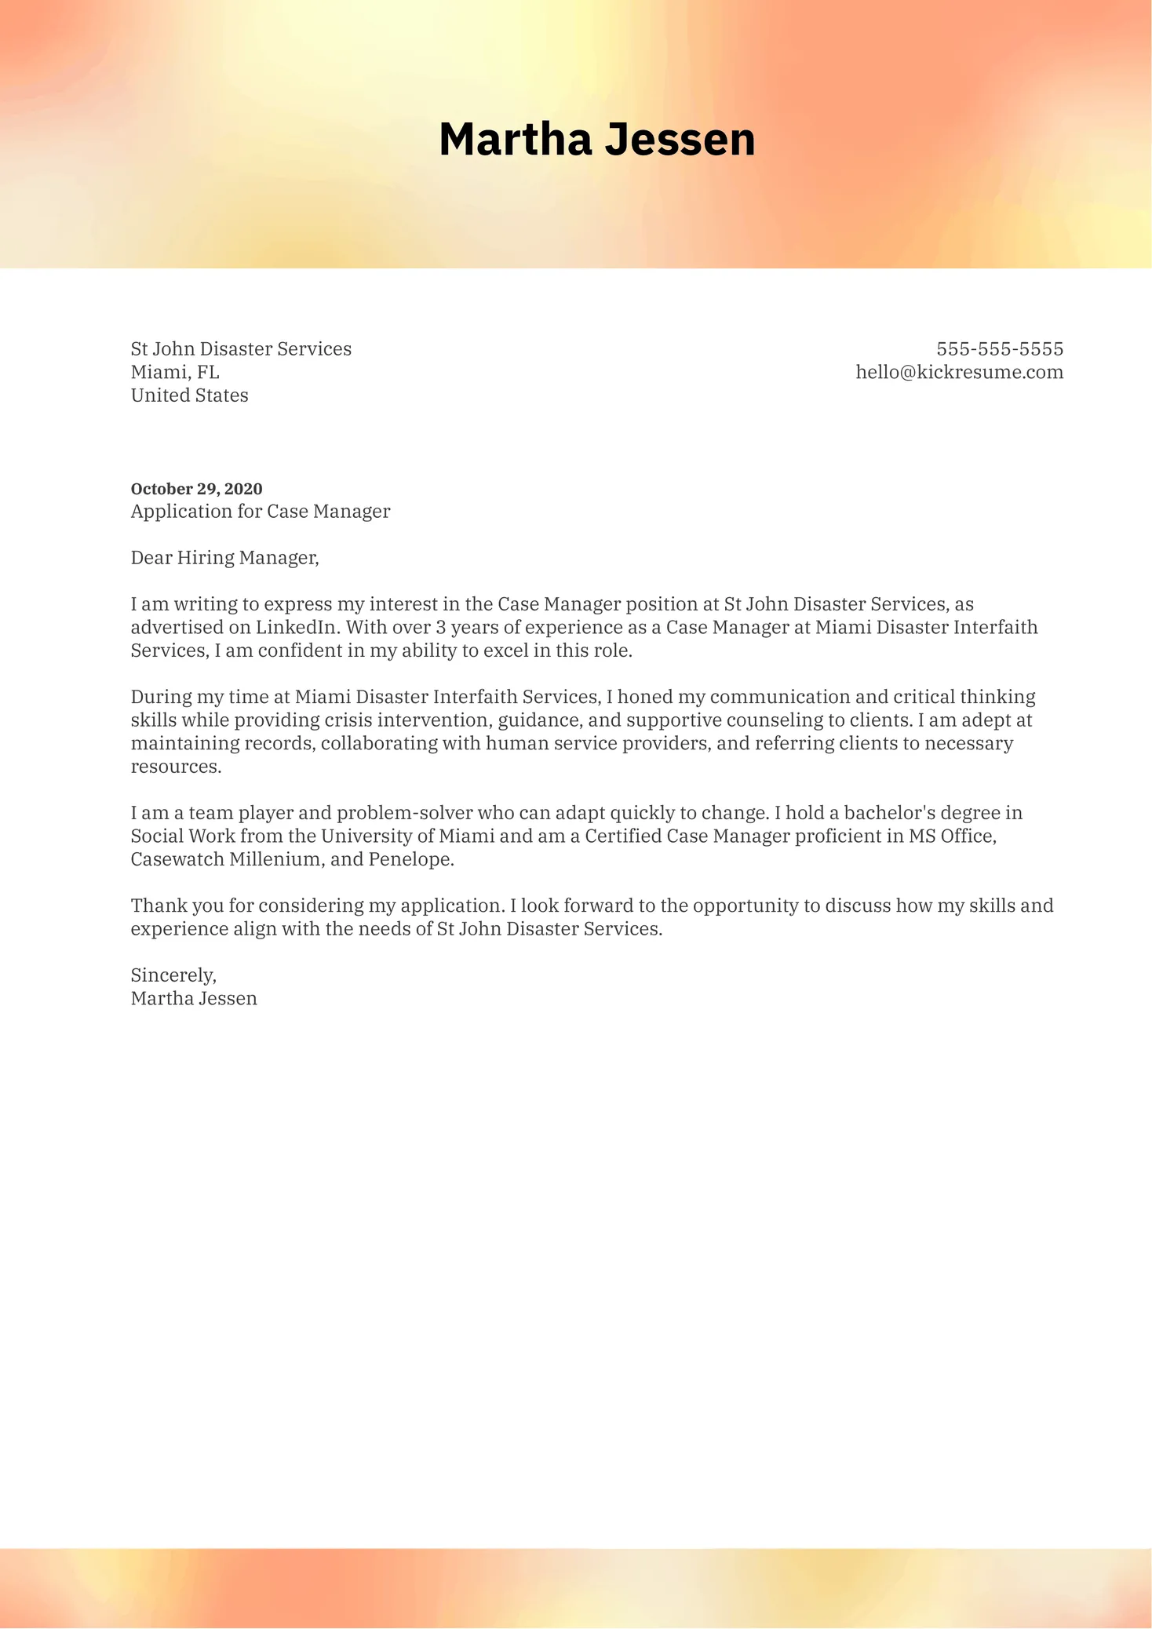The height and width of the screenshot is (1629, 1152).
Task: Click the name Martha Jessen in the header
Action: point(596,140)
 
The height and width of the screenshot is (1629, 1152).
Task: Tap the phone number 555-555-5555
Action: point(999,349)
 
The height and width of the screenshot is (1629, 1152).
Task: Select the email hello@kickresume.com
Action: point(959,372)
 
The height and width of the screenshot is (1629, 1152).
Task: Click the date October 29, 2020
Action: point(196,489)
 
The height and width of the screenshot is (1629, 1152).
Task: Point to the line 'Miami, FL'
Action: point(175,372)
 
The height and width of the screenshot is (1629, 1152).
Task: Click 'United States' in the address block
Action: point(189,395)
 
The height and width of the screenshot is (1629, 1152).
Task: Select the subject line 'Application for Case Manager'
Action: point(260,512)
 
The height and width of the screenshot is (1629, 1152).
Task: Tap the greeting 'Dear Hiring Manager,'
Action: point(224,558)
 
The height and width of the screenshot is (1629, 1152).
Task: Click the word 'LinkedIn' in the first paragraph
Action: point(297,628)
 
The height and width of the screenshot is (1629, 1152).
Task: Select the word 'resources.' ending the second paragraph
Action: point(176,767)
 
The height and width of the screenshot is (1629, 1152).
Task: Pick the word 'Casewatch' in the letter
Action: point(177,859)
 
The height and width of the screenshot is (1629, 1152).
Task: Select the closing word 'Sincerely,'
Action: point(173,975)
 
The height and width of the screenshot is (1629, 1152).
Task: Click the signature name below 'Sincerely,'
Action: point(194,999)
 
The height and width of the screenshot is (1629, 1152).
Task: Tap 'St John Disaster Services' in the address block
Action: point(241,349)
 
